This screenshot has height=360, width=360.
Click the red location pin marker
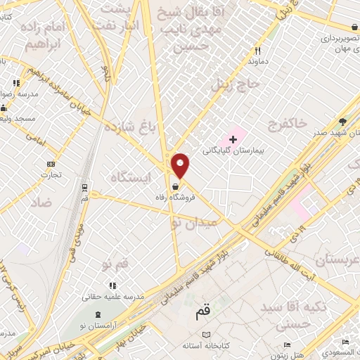(181, 165)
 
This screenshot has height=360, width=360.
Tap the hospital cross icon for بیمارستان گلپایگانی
(233, 140)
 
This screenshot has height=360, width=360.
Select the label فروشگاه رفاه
(174, 198)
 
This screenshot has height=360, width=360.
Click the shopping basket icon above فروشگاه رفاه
(174, 187)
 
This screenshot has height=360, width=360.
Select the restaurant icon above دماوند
(258, 51)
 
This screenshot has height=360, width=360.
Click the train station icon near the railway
(85, 188)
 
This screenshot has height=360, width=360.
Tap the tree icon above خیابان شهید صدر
(342, 121)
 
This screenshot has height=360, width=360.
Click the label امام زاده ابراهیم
(50, 34)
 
